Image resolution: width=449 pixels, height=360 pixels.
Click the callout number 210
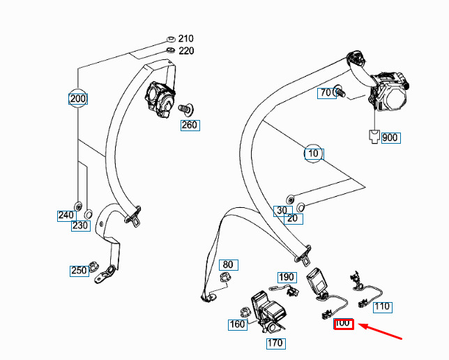186,38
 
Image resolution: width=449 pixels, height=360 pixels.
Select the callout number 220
186,51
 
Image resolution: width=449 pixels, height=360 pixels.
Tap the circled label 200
78,99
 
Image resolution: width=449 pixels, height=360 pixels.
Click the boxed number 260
190,126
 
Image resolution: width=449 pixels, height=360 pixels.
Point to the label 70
326,93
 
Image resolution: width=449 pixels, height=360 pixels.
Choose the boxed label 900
390,137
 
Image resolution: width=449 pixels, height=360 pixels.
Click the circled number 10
313,153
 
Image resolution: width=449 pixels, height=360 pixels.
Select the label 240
66,215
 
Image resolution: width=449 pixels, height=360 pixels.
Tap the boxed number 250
79,271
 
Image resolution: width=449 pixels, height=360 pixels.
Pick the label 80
228,264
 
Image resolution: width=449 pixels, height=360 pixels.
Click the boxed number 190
287,277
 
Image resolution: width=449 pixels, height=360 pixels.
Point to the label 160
238,324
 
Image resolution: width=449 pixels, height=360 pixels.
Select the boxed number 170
275,343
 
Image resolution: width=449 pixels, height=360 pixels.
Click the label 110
382,306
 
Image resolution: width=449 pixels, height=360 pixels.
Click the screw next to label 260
185,109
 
